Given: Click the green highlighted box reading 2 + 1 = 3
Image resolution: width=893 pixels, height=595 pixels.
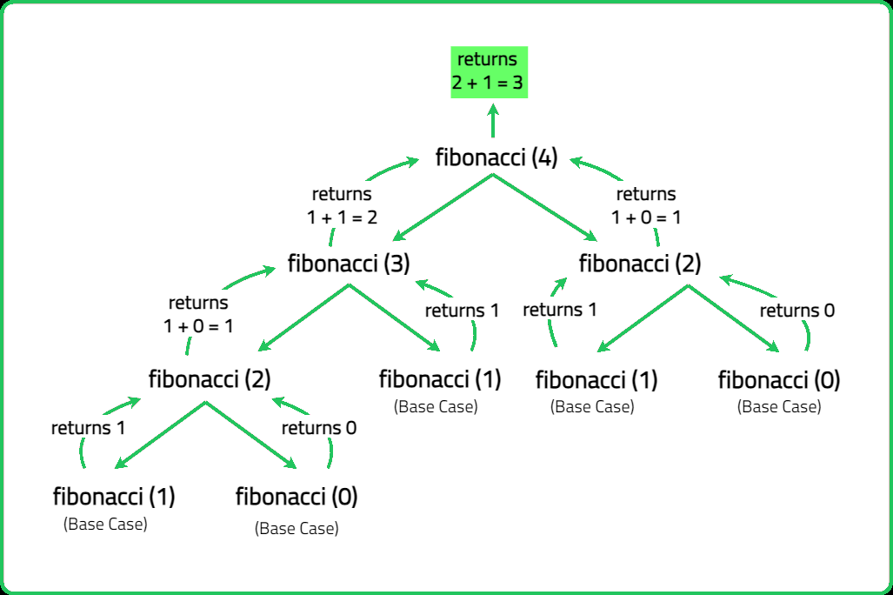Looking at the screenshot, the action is [490, 72].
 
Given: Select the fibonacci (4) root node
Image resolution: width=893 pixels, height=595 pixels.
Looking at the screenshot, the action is [496, 157].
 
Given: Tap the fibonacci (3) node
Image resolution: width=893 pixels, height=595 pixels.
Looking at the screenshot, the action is [349, 264].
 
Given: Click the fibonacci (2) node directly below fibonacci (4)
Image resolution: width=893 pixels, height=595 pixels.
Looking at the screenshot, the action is [640, 264].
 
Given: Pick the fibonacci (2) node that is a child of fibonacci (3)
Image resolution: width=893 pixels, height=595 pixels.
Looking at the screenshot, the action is [210, 379].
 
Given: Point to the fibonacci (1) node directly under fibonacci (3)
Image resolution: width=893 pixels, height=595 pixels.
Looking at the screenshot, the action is [440, 379].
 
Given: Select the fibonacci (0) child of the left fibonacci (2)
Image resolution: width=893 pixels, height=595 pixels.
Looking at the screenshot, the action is [297, 497].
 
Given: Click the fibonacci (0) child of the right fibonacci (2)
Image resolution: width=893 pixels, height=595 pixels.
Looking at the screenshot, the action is [778, 380].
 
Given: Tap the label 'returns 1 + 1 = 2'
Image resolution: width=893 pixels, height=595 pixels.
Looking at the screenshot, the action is [342, 206].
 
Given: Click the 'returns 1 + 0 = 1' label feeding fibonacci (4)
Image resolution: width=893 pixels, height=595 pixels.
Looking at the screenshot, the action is [646, 206].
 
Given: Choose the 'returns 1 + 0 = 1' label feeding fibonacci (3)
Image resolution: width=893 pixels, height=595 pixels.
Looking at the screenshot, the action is [198, 314].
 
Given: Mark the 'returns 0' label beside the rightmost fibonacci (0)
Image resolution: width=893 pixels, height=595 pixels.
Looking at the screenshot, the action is [797, 311].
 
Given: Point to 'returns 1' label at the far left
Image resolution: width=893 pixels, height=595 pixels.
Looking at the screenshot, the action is [89, 428].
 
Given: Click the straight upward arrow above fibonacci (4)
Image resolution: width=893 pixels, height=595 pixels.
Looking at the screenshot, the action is [493, 120].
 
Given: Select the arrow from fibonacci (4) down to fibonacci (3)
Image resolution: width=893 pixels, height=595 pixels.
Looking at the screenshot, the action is [443, 207].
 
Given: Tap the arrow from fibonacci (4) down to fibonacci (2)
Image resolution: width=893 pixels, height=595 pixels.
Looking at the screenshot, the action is [545, 207].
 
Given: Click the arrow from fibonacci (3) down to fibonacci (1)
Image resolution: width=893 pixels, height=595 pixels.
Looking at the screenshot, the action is [395, 318].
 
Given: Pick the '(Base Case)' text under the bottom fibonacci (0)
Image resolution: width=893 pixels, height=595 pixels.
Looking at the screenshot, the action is [297, 529].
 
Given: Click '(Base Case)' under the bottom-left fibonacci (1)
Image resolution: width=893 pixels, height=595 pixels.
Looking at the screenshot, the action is [105, 525].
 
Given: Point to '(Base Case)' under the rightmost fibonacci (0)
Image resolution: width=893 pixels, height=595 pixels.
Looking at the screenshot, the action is [779, 407].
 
